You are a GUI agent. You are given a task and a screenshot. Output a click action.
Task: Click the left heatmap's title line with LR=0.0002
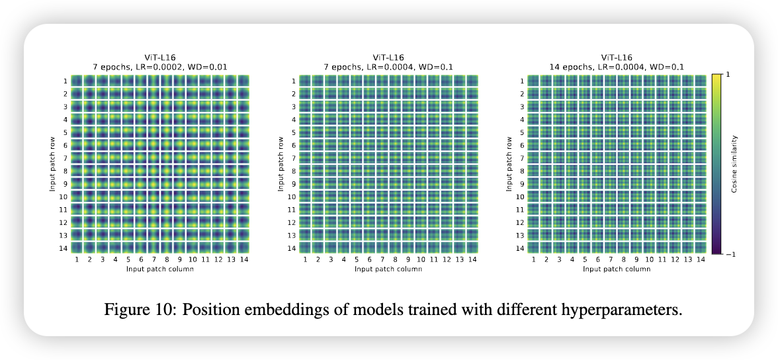point(160,67)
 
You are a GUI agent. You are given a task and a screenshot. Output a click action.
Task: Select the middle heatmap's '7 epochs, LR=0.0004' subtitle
point(388,67)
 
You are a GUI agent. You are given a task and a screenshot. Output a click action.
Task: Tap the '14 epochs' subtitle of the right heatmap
point(617,67)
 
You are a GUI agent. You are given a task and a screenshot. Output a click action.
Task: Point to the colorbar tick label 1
point(728,75)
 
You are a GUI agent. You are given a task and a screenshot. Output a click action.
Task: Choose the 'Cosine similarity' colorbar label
point(734,164)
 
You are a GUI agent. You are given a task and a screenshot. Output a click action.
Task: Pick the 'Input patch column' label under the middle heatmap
point(388,269)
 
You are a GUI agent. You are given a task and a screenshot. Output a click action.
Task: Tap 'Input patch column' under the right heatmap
point(617,269)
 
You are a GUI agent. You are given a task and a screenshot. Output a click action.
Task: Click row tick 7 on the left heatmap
point(65,158)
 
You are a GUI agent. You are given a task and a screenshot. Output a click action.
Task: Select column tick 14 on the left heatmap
point(244,260)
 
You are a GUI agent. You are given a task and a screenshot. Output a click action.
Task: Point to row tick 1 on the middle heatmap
point(293,81)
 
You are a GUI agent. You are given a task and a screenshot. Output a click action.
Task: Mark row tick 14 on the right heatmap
point(520,248)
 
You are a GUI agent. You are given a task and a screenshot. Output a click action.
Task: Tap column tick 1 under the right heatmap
point(534,260)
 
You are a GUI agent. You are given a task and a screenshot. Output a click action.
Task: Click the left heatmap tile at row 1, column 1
point(77,81)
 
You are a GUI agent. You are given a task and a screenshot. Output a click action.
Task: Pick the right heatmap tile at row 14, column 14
point(701,247)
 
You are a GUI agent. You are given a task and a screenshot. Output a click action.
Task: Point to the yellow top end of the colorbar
point(716,76)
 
